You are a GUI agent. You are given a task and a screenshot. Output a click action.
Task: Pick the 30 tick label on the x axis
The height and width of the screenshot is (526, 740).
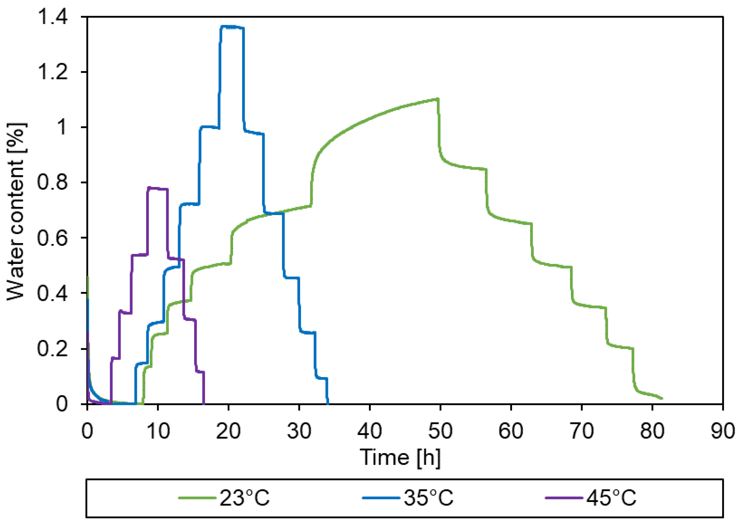point(299,431)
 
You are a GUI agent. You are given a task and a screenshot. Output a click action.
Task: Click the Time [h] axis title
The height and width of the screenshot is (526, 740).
point(400,458)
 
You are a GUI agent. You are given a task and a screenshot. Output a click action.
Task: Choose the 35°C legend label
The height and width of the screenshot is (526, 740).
point(428,498)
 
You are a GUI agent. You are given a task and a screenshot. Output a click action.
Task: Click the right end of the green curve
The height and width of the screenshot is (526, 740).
point(662,398)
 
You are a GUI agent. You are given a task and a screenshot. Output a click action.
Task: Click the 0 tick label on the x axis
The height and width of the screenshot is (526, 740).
point(87,431)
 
